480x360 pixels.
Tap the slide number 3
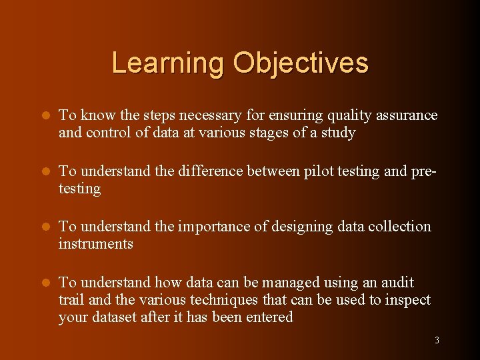click(x=437, y=341)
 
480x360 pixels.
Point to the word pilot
click(x=320, y=171)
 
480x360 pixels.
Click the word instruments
click(x=95, y=244)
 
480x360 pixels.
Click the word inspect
click(x=407, y=300)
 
